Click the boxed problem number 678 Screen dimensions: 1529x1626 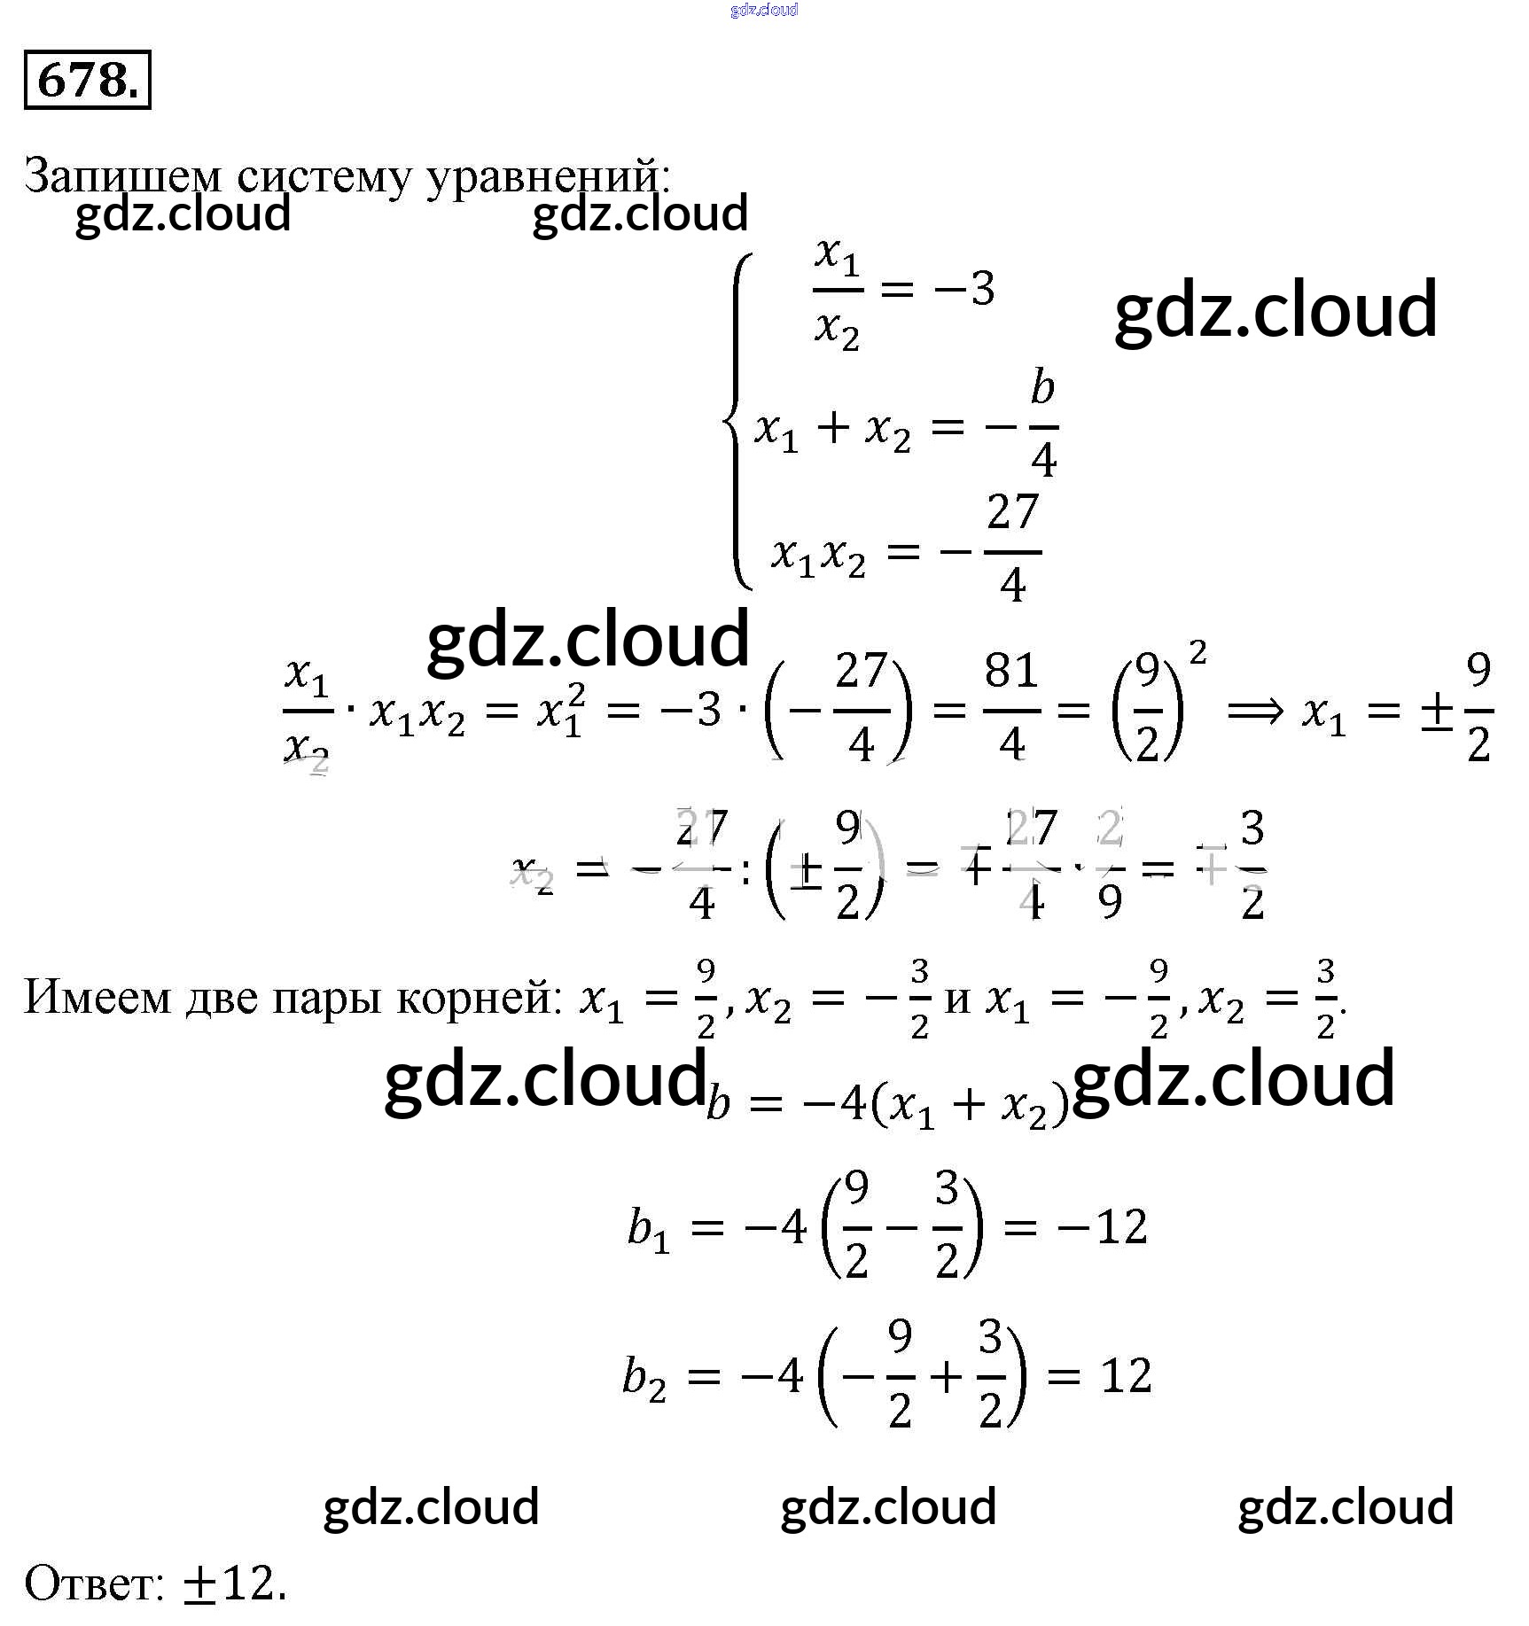[x=87, y=81]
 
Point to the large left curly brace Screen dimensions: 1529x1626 [x=738, y=422]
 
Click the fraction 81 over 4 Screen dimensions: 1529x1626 [x=1011, y=707]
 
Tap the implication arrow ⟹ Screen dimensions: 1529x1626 [x=1254, y=710]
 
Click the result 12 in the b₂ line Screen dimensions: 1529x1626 [x=1126, y=1376]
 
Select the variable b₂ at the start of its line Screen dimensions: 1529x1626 [x=644, y=1379]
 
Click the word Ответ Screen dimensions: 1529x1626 [x=92, y=1583]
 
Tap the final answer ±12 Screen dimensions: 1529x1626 [x=234, y=1583]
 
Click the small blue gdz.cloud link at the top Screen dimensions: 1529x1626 [x=764, y=10]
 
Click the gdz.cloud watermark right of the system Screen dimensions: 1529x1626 [x=1275, y=309]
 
